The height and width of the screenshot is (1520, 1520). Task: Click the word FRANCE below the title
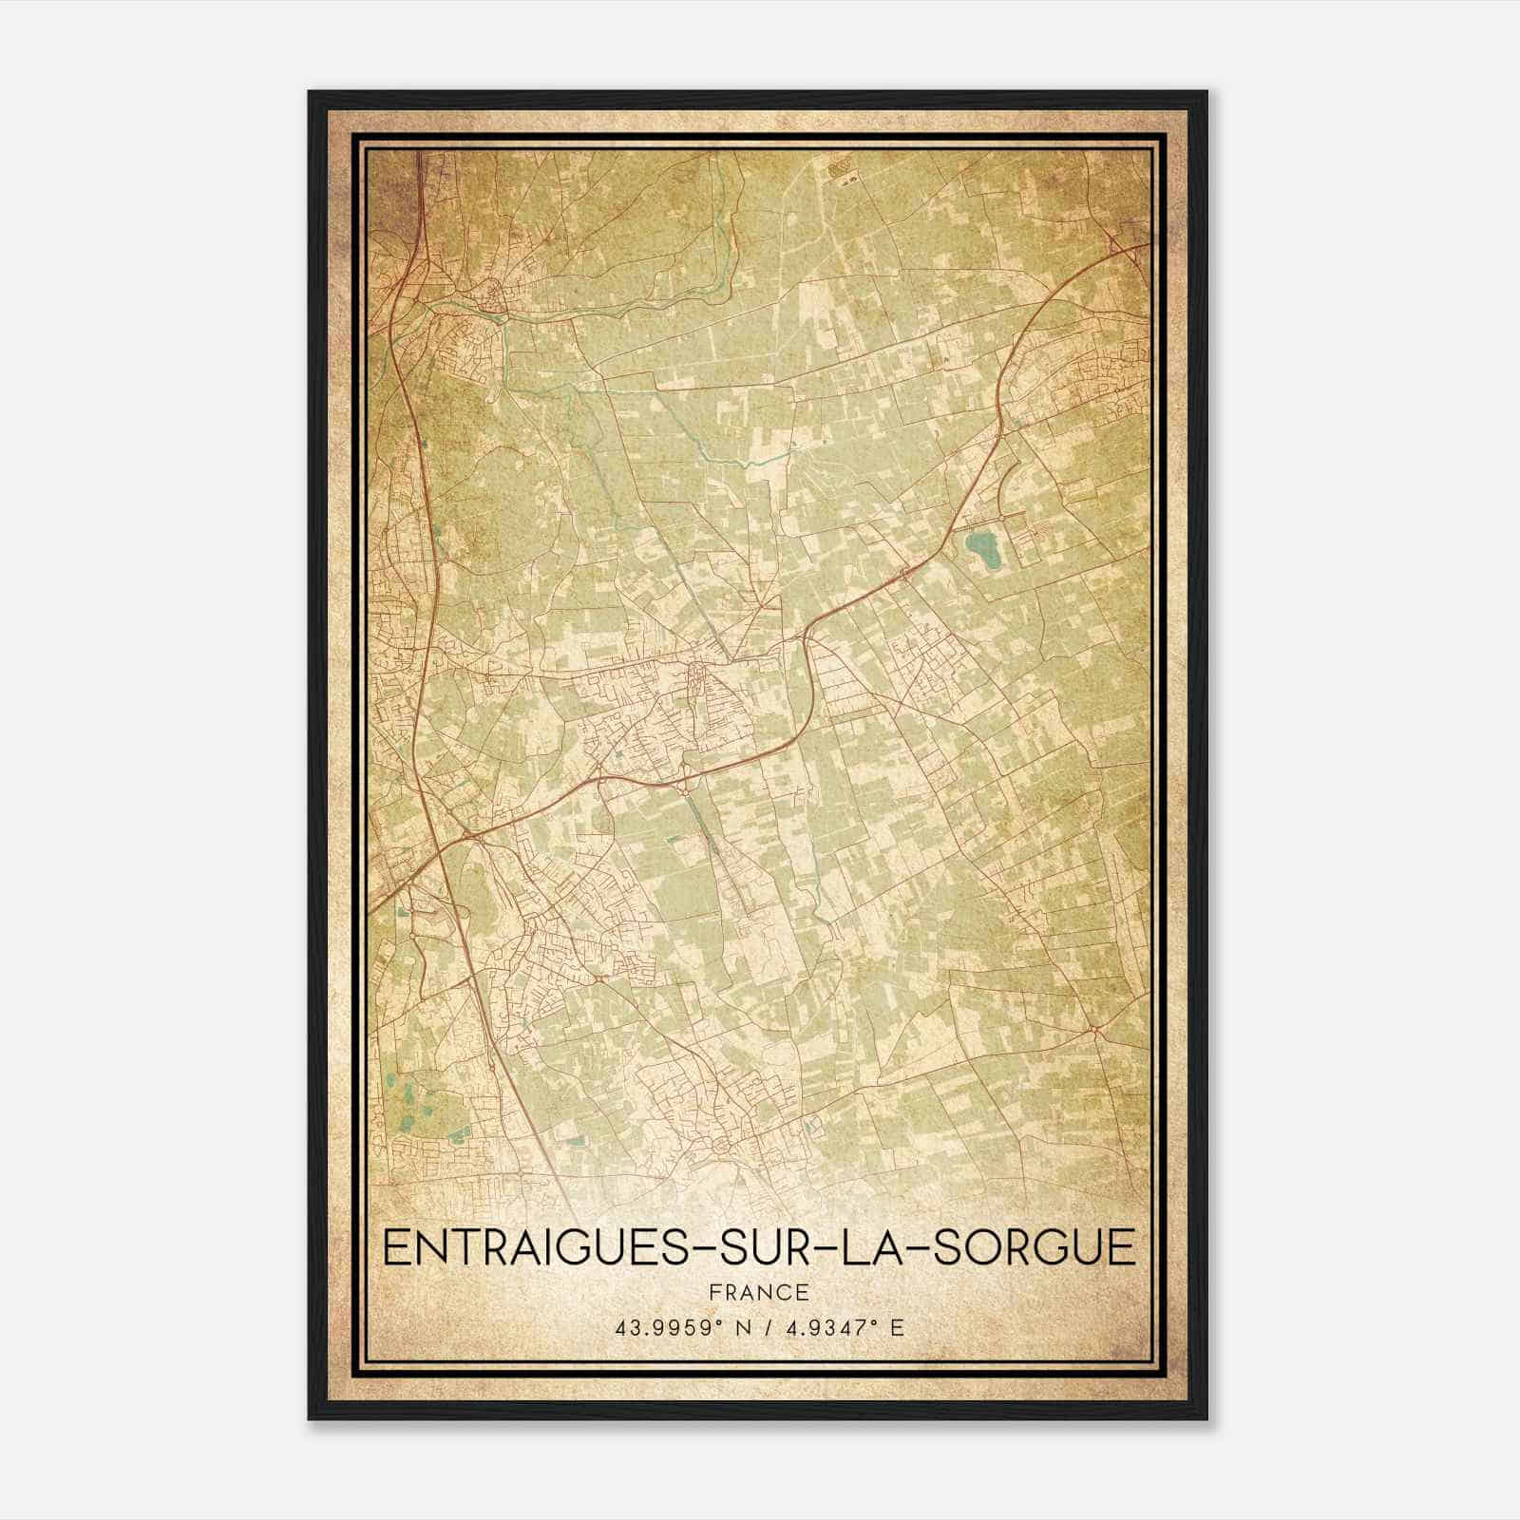point(759,1292)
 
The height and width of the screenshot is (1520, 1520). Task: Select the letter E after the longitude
point(898,1327)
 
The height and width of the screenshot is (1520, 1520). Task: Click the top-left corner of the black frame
point(310,92)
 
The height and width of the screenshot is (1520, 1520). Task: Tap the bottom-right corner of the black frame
point(1206,1419)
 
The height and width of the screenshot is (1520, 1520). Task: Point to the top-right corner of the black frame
point(1206,92)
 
